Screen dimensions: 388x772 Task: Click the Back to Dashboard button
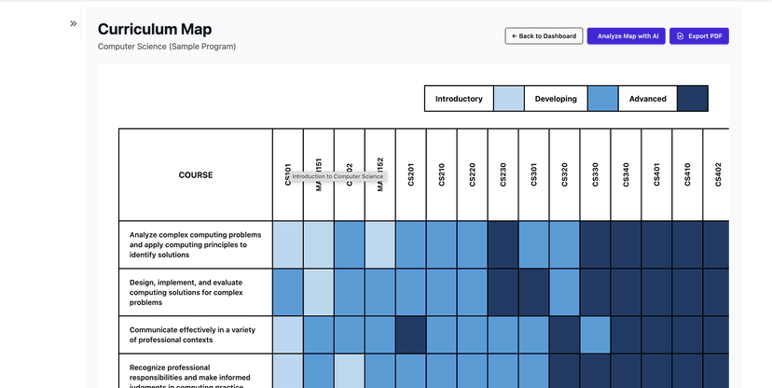tap(544, 36)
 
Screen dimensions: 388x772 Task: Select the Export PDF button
tap(698, 36)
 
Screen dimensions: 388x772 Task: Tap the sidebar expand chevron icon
tap(74, 24)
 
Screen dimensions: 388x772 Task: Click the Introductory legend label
tap(459, 99)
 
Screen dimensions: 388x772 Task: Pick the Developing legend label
tap(556, 99)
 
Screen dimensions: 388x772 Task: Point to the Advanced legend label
tap(647, 99)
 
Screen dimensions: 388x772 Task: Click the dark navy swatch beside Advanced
tap(693, 99)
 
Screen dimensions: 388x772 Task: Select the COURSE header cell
tap(195, 174)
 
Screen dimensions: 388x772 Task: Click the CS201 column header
tap(410, 174)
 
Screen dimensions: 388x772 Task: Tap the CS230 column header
tap(503, 174)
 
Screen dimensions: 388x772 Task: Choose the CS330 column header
tap(595, 174)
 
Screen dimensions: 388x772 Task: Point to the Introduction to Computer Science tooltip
tap(337, 176)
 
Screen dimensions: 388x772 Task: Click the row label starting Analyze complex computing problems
tap(195, 244)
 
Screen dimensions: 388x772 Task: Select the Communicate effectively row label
tap(195, 335)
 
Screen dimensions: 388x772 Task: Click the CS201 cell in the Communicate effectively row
tap(410, 335)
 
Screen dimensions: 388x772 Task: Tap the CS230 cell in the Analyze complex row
tap(503, 244)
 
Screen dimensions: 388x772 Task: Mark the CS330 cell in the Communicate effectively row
tap(595, 335)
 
